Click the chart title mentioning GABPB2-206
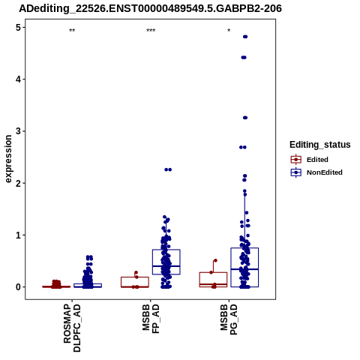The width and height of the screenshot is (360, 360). [150, 9]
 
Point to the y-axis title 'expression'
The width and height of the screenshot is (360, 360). [8, 159]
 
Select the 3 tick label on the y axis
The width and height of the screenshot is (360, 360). [19, 131]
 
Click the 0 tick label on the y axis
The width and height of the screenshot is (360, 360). [19, 287]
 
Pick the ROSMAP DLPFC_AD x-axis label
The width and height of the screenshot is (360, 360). [72, 328]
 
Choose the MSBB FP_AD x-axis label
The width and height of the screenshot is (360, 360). [151, 319]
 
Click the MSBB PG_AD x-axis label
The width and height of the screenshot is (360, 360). [229, 319]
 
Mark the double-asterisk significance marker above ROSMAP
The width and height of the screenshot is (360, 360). [72, 31]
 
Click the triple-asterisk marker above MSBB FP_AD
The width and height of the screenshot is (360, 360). [151, 31]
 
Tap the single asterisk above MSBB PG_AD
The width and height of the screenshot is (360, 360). [229, 31]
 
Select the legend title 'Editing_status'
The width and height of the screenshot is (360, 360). [320, 145]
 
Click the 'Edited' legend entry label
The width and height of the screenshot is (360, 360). [317, 160]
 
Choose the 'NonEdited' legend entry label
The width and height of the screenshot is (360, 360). [325, 172]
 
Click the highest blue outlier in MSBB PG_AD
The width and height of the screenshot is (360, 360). [245, 37]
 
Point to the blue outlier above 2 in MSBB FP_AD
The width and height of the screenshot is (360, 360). [168, 169]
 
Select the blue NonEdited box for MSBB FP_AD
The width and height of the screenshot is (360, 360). [166, 262]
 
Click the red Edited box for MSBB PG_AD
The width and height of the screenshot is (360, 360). [213, 280]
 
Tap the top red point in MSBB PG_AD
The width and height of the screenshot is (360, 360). [215, 260]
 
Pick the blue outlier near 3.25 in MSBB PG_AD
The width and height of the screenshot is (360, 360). [245, 118]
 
